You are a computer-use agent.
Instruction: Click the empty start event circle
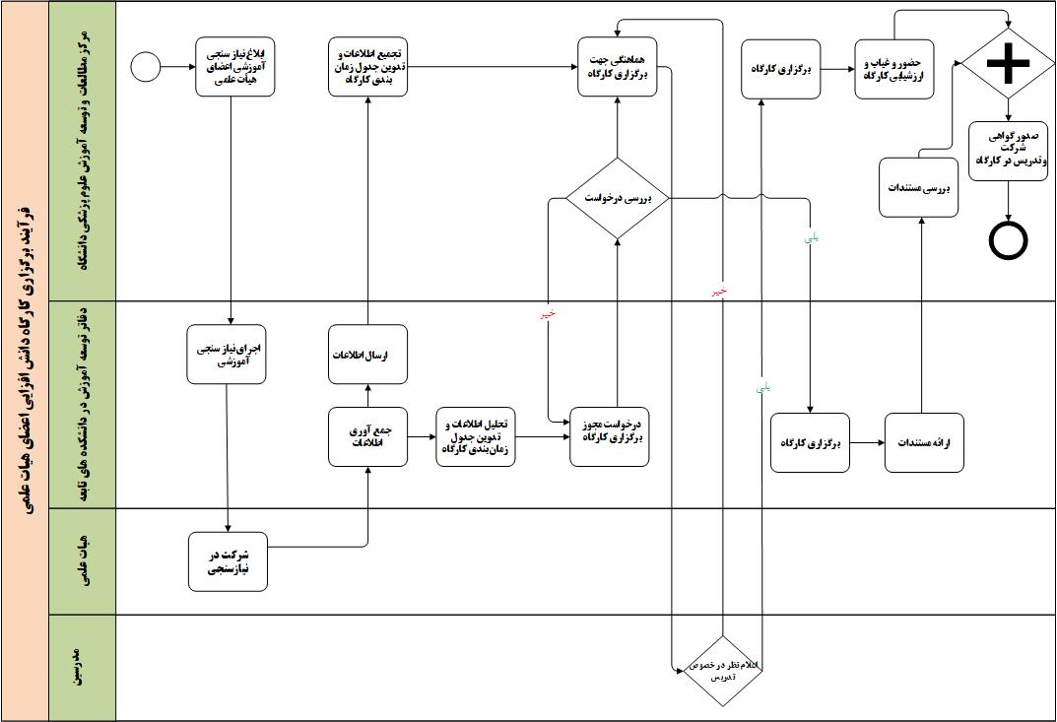[x=145, y=67]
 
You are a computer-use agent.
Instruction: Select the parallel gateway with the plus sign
[x=1008, y=64]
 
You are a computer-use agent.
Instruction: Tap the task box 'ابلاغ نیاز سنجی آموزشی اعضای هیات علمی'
[x=234, y=66]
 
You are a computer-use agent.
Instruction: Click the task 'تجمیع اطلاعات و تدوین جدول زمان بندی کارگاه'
[x=367, y=66]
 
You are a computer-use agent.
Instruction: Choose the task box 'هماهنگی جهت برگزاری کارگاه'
[x=617, y=66]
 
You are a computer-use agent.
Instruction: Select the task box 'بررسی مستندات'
[x=918, y=187]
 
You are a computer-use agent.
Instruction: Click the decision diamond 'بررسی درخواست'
[x=617, y=198]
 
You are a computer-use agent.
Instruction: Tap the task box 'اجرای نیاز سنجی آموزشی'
[x=228, y=355]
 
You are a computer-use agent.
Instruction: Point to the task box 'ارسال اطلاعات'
[x=367, y=355]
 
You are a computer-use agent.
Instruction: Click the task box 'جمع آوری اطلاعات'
[x=367, y=437]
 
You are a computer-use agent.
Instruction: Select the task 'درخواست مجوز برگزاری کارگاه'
[x=612, y=436]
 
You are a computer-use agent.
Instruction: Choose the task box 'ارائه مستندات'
[x=923, y=443]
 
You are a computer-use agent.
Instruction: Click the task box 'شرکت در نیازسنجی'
[x=229, y=561]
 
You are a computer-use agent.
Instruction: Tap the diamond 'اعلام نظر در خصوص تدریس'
[x=723, y=669]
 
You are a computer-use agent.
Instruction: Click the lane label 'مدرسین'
[x=83, y=668]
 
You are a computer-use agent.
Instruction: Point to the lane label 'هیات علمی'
[x=83, y=561]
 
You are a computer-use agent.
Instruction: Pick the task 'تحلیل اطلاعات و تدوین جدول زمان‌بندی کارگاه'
[x=476, y=436]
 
